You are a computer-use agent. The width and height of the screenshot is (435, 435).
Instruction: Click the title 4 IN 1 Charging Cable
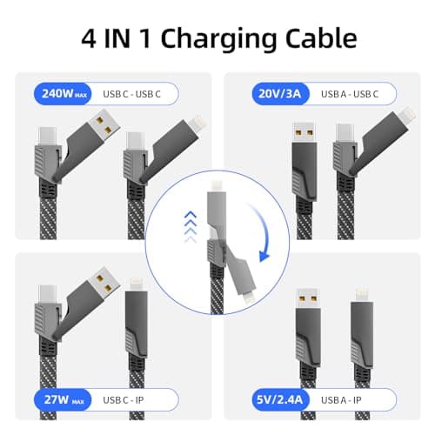[x=217, y=37]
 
